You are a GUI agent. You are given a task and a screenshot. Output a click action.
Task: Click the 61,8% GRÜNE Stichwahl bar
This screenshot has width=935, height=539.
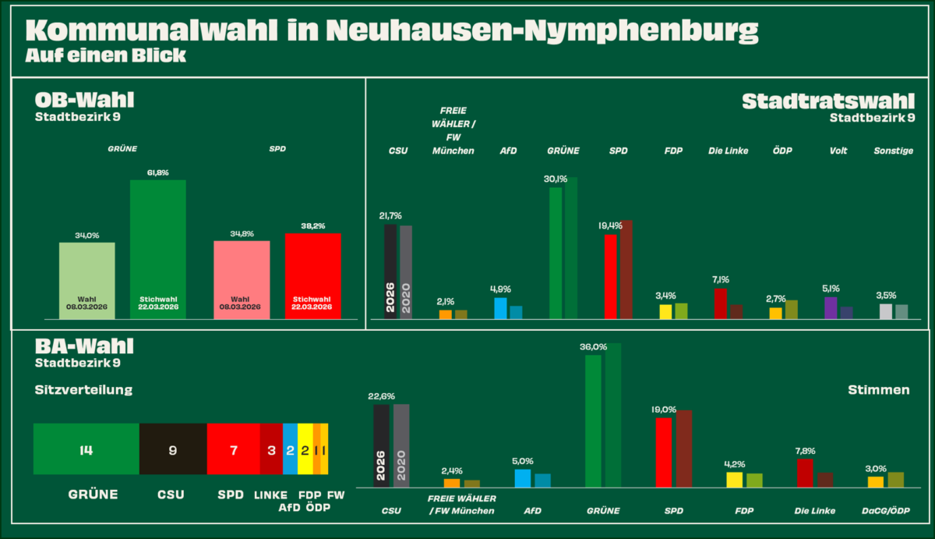157,250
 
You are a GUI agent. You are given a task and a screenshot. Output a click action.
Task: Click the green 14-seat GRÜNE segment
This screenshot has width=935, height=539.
86,449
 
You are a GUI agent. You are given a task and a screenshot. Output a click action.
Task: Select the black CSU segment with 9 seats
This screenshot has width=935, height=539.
173,449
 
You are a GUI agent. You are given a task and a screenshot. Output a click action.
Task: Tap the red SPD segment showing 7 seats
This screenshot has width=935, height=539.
233,449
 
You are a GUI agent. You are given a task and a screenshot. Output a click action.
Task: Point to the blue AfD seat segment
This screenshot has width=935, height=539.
290,449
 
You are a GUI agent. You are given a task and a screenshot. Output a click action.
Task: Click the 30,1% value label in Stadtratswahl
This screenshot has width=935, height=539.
555,179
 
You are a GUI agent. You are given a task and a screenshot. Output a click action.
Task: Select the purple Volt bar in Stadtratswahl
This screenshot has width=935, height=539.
831,308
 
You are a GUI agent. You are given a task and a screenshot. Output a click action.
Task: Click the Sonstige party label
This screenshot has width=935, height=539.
894,151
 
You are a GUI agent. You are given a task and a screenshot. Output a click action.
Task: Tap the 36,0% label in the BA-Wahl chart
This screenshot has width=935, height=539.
593,347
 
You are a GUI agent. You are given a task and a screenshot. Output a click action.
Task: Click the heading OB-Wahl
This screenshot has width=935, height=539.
84,101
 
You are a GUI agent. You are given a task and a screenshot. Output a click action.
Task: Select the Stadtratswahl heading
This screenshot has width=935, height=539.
828,101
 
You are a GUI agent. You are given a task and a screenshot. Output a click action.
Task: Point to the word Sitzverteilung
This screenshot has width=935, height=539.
83,389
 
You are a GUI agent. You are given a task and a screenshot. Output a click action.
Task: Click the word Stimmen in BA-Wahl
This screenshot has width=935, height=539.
878,389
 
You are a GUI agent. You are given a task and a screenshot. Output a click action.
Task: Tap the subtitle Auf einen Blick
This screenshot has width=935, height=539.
105,55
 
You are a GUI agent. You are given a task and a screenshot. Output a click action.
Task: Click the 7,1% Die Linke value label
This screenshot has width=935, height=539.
720,279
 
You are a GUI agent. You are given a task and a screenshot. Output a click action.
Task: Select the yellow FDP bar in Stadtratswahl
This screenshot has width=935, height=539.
665,311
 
